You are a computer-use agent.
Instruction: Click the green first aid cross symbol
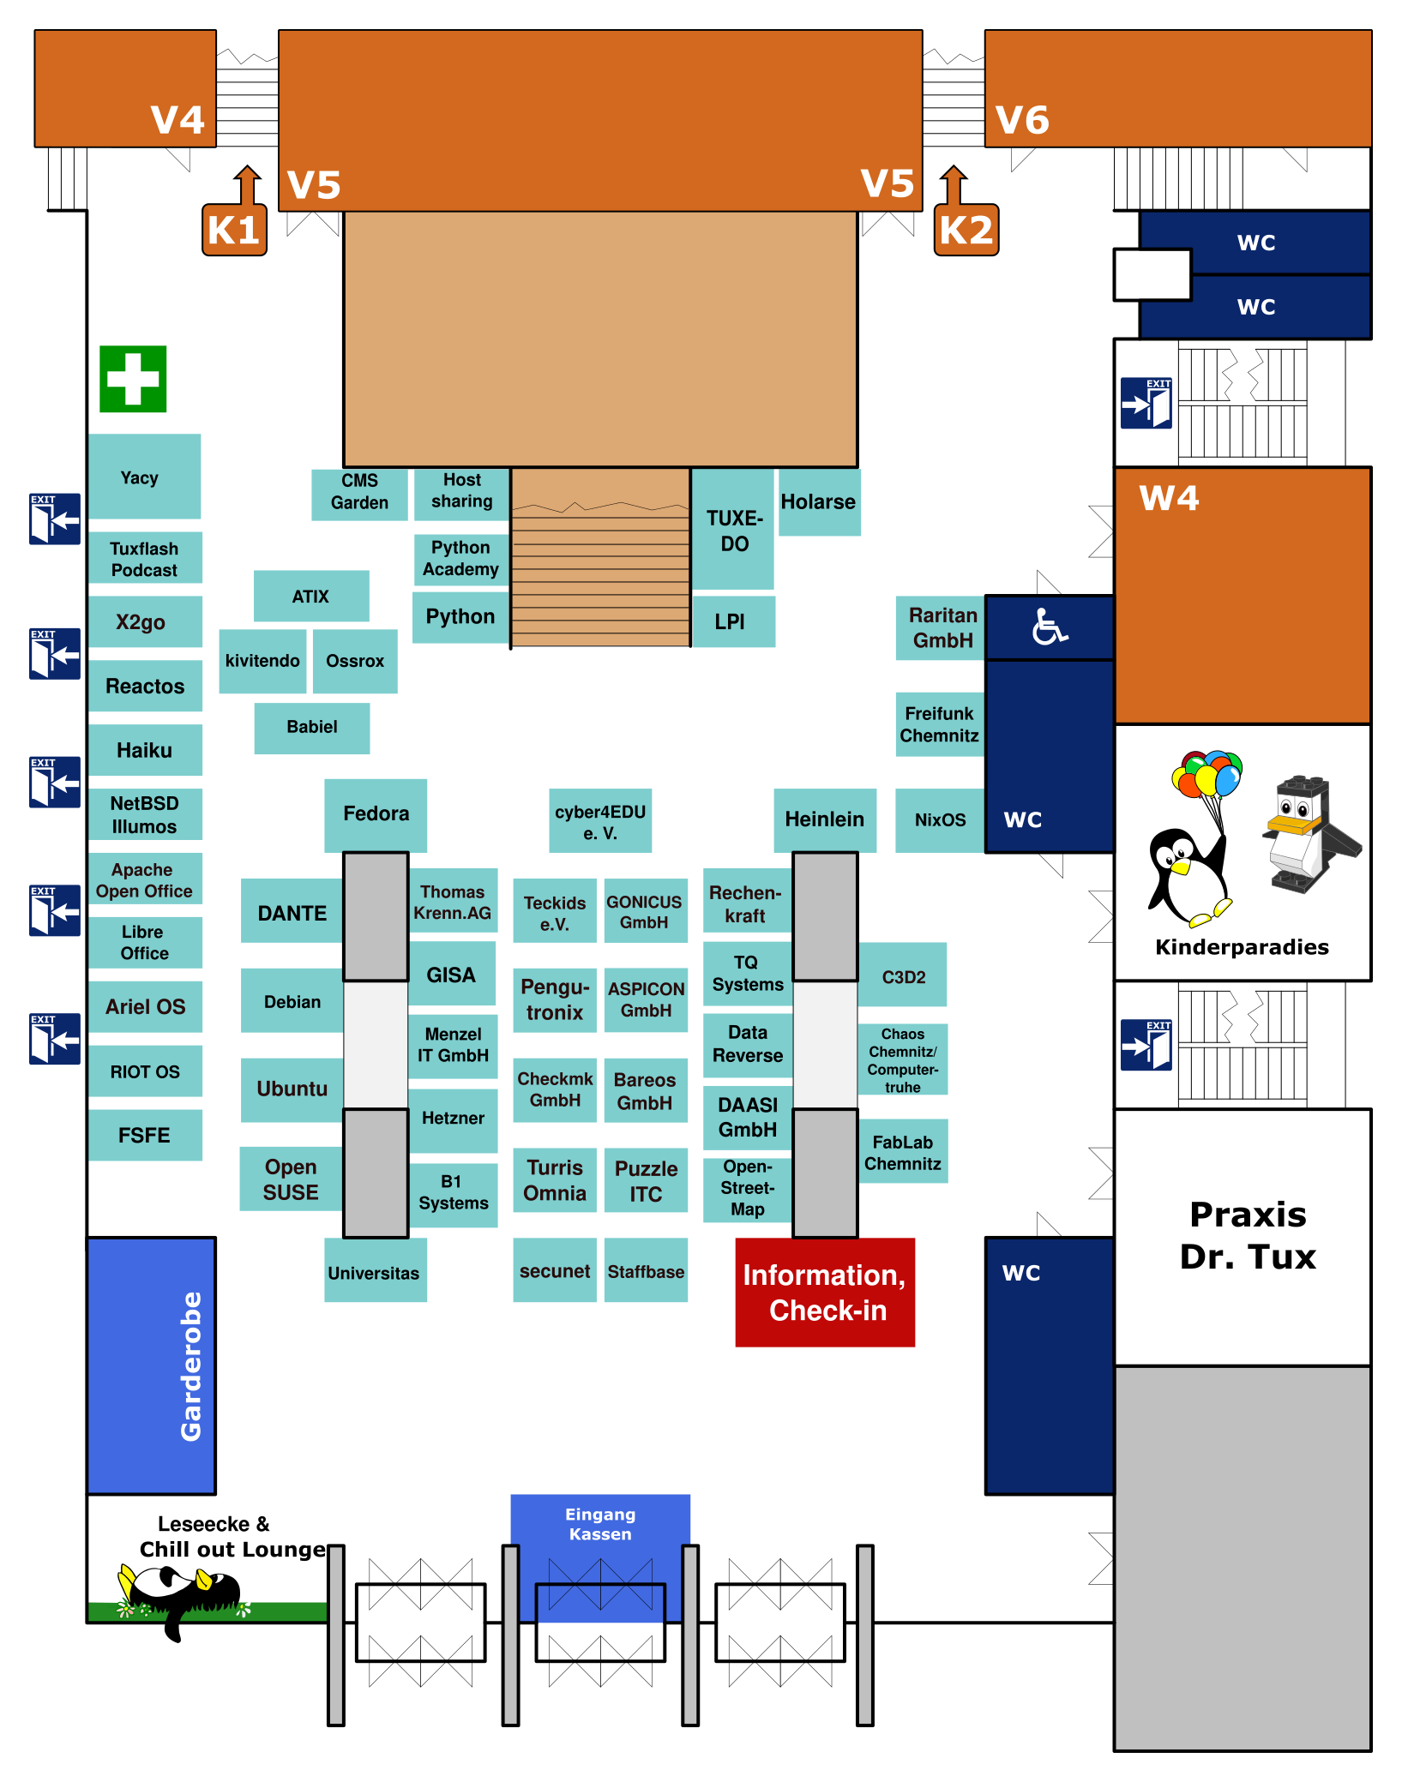pos(133,379)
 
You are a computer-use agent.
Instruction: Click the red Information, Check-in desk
pos(825,1292)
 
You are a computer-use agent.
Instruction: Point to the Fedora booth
pos(376,813)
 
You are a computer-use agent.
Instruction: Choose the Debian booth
pos(292,1001)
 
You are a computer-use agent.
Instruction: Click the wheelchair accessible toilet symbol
pos(1049,627)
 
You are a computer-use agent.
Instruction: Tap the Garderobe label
pos(191,1365)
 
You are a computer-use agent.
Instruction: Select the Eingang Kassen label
pos(600,1524)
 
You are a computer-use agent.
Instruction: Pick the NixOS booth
pos(940,819)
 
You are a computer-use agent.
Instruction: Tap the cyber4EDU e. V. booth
pos(600,821)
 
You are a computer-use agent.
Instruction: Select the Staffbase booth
pos(646,1271)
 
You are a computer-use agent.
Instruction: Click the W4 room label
pos(1169,498)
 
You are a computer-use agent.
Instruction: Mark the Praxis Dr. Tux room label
pos(1248,1235)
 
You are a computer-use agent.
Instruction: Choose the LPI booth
pos(731,621)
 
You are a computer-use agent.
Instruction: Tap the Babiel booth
pos(312,727)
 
